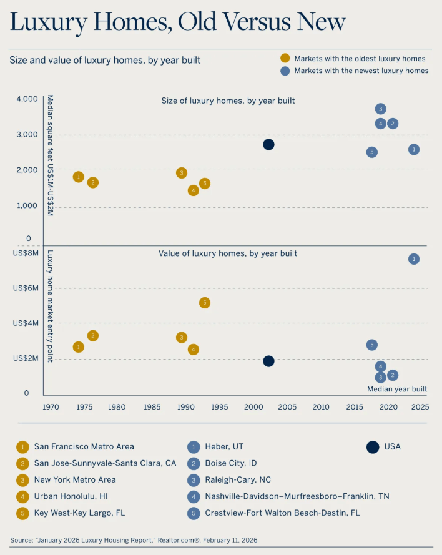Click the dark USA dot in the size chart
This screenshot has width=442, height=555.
pyautogui.click(x=268, y=144)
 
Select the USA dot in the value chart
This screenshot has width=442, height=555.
pyautogui.click(x=268, y=361)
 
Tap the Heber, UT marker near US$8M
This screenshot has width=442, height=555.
pyautogui.click(x=413, y=259)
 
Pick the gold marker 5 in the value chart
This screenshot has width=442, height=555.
pyautogui.click(x=205, y=303)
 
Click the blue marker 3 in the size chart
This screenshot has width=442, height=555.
pyautogui.click(x=381, y=109)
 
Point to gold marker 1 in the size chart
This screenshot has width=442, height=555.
pyautogui.click(x=78, y=177)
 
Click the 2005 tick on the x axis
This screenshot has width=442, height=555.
pyautogui.click(x=287, y=407)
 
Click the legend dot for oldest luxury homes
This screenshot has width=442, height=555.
pyautogui.click(x=285, y=59)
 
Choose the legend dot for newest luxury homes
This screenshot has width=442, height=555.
pyautogui.click(x=285, y=71)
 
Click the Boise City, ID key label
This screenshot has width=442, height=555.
pyautogui.click(x=230, y=463)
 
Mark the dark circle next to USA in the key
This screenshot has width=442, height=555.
pyautogui.click(x=373, y=446)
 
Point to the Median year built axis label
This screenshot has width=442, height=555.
pyautogui.click(x=397, y=389)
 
